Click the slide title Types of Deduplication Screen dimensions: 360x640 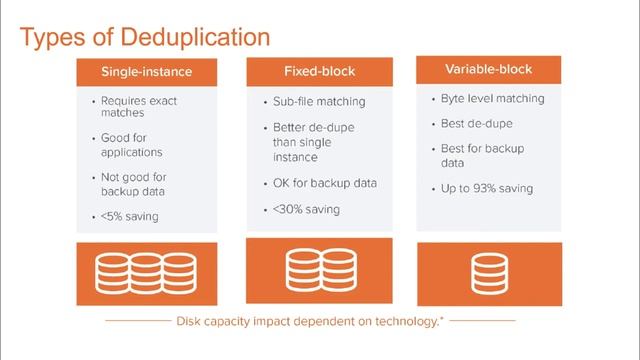point(145,38)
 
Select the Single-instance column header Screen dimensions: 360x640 point(148,72)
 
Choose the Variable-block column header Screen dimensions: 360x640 point(488,70)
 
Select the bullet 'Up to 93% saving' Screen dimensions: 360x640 point(486,187)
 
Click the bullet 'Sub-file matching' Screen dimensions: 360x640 point(319,102)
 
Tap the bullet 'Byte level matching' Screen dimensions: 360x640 point(492,99)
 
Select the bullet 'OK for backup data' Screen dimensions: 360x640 point(324,183)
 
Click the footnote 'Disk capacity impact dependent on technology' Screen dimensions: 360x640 point(310,322)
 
